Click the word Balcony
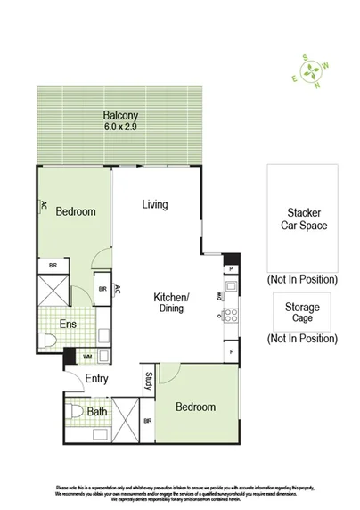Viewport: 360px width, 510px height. coord(119,116)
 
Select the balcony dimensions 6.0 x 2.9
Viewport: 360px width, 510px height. coord(119,127)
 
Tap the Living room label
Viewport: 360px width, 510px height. coord(154,205)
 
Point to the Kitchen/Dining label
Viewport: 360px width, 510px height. coord(172,302)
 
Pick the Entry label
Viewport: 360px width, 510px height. coord(96,379)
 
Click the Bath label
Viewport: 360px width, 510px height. coord(97,411)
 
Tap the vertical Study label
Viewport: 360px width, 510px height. coord(149,382)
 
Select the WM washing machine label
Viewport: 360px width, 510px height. coord(87,358)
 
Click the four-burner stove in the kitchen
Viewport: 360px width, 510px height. coord(230,315)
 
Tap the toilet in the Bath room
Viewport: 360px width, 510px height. coord(77,413)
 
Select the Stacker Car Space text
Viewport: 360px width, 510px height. coord(302,219)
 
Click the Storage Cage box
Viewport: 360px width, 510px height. coord(302,313)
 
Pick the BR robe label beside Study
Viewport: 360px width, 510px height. coord(147,421)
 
